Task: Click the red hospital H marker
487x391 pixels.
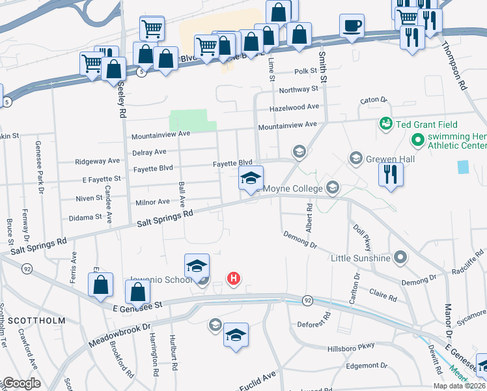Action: pyautogui.click(x=234, y=279)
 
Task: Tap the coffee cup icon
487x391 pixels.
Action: pyautogui.click(x=352, y=26)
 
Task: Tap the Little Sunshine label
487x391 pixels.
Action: pyautogui.click(x=360, y=258)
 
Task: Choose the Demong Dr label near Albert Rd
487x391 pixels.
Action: pyautogui.click(x=299, y=240)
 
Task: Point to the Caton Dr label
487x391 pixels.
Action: pyautogui.click(x=374, y=100)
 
